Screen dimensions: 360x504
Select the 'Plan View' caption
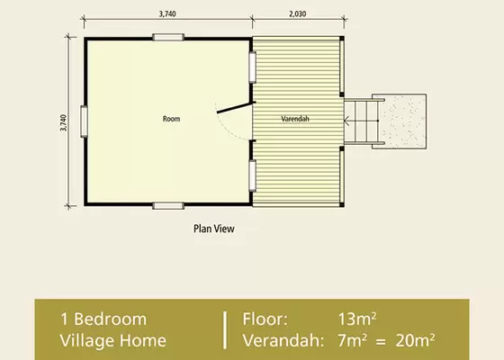[214, 229]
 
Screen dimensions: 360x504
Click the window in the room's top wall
[167, 37]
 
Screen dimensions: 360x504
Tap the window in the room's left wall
[83, 121]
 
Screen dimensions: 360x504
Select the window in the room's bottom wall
[167, 205]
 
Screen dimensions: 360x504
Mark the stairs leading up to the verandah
[360, 121]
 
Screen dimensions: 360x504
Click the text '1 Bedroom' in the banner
[103, 319]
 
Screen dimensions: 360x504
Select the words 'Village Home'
[113, 339]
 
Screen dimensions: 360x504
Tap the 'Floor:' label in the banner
[266, 319]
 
